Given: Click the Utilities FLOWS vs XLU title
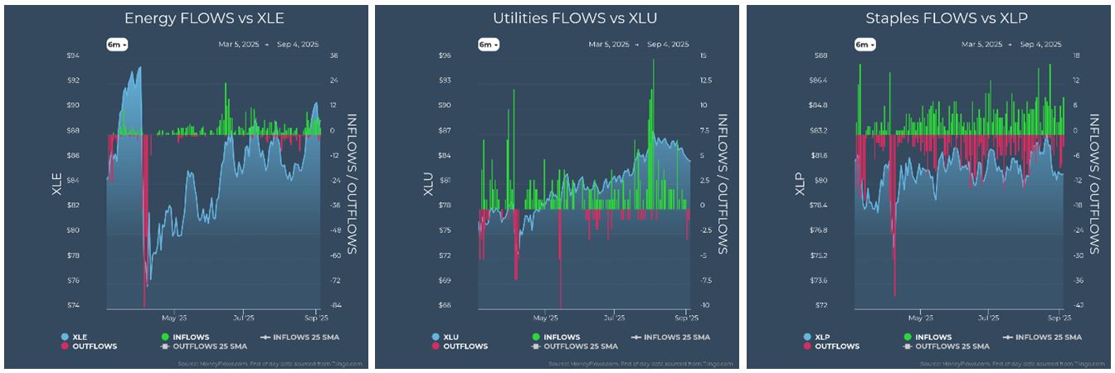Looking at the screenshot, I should (557, 17).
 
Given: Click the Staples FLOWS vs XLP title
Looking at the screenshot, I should (928, 17).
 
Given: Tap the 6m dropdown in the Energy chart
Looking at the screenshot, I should (116, 44).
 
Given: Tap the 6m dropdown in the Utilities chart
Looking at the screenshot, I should (488, 44).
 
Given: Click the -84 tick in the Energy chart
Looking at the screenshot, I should (335, 305).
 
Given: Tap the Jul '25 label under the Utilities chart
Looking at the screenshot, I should (614, 317).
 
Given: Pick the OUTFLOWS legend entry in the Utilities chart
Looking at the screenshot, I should (460, 346).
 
